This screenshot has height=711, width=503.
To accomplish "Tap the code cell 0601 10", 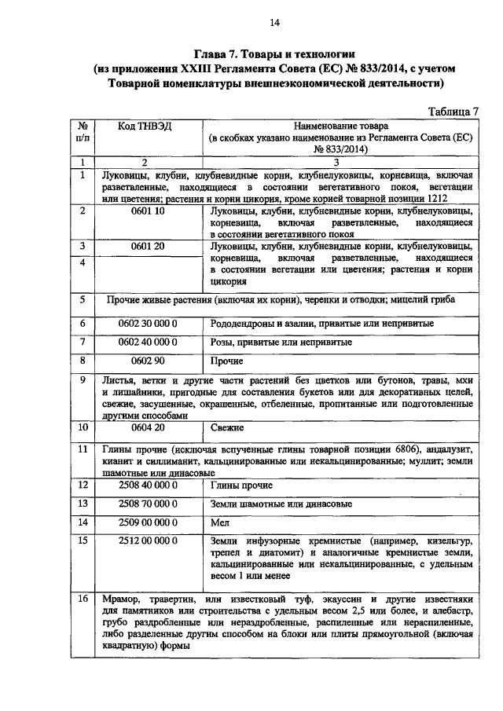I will click(x=148, y=211).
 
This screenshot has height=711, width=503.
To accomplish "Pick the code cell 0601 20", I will click(x=148, y=246).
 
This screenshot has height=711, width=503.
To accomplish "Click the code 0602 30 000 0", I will click(x=148, y=323).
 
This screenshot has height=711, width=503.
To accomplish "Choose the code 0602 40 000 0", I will click(x=148, y=343).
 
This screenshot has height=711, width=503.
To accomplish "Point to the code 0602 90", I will click(x=148, y=361).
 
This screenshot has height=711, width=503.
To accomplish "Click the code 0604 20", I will click(x=148, y=427).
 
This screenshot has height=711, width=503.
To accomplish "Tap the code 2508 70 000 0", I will click(x=148, y=504).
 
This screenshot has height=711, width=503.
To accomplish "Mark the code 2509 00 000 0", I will click(x=148, y=522).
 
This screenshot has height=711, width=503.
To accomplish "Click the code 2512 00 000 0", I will click(x=148, y=541).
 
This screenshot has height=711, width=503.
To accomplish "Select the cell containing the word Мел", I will click(x=220, y=522).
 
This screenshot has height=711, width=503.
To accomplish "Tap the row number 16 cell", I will click(x=83, y=599).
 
